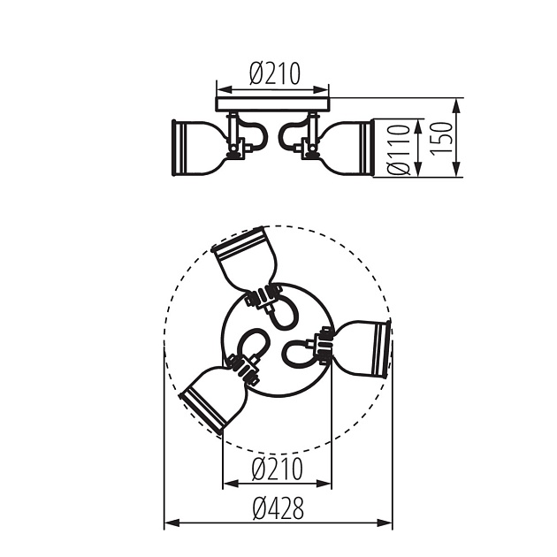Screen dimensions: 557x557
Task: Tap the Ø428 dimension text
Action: (278, 507)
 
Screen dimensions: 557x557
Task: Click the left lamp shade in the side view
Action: (195, 146)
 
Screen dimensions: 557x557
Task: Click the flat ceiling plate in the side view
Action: (272, 104)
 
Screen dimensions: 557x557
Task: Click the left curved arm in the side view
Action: (255, 134)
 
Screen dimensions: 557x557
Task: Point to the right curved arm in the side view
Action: (290, 134)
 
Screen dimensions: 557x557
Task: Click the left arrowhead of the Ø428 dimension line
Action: (170, 523)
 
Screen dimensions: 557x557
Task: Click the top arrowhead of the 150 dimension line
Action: (456, 103)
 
